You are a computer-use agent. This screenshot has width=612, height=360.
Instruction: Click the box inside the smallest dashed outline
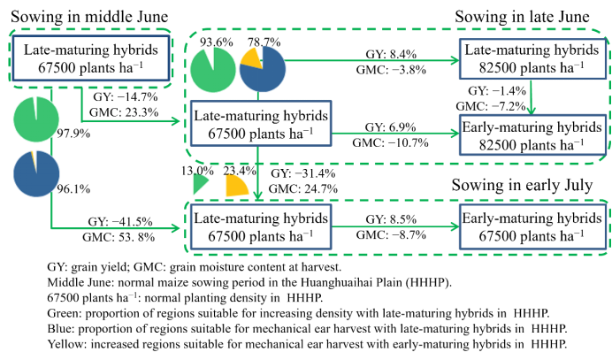[x=91, y=58]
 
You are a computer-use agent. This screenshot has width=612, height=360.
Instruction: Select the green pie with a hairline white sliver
[x=36, y=119]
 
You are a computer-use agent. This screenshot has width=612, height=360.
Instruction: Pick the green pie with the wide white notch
[x=212, y=70]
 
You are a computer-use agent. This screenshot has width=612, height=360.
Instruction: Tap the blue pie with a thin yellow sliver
[x=36, y=173]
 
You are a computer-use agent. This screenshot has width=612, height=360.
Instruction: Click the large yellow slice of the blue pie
[x=252, y=57]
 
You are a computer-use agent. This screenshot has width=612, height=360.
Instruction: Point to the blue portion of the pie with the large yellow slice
[x=264, y=73]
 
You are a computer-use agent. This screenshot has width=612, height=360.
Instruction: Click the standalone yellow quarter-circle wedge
[x=235, y=187]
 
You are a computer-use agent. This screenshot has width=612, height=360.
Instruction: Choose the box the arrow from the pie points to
[x=532, y=59]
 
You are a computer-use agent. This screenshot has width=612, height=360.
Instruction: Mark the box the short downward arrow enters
[x=532, y=134]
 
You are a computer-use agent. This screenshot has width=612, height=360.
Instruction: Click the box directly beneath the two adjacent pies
[x=261, y=123]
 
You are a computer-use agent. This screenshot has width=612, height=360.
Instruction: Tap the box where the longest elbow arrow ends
[x=261, y=226]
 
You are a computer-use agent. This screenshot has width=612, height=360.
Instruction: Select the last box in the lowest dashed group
[x=532, y=226]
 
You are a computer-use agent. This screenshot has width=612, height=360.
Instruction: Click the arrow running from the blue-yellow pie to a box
[x=371, y=60]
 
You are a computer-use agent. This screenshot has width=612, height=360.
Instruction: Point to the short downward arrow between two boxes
[x=531, y=97]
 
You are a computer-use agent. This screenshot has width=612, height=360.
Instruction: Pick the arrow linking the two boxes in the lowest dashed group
[x=394, y=226]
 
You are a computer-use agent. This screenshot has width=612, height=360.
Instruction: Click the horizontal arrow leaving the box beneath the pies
[x=394, y=133]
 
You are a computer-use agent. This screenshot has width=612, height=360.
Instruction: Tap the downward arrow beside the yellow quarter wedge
[x=257, y=173]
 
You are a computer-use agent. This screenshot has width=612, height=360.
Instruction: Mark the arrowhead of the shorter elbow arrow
[x=176, y=121]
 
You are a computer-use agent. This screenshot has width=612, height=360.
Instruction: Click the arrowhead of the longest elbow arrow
[x=176, y=228]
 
